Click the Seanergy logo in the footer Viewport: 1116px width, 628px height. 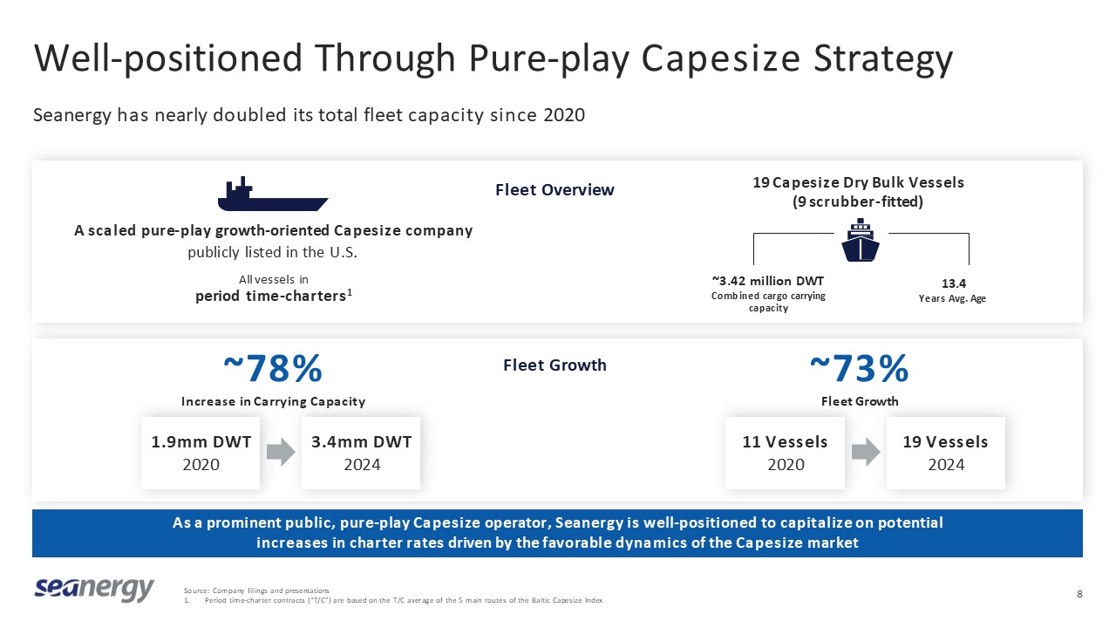[x=94, y=590]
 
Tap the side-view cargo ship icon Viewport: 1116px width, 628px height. [x=272, y=195]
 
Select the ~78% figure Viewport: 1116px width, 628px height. [x=273, y=370]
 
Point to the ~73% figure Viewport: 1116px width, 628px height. [x=859, y=370]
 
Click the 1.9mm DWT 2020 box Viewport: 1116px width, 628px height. [x=201, y=453]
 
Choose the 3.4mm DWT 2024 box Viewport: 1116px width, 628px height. [x=361, y=453]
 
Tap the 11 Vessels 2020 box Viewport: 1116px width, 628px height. [x=785, y=453]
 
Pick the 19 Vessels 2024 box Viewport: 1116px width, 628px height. [x=946, y=453]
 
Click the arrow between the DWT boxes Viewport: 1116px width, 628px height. [x=281, y=452]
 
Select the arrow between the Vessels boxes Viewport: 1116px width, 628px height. [x=866, y=452]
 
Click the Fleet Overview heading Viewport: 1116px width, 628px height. [x=555, y=190]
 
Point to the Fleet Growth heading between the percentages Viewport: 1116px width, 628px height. [x=555, y=365]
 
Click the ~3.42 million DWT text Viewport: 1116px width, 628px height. [x=767, y=281]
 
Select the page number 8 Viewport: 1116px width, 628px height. [x=1080, y=595]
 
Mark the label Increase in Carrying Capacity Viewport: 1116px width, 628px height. [x=273, y=401]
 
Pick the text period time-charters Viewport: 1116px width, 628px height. [x=270, y=296]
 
